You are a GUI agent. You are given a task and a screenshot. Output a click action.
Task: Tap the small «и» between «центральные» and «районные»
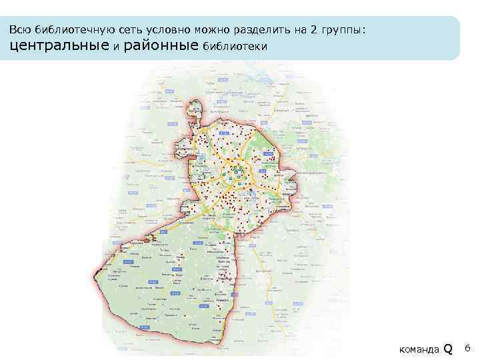[115, 47]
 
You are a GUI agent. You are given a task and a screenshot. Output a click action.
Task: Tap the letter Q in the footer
[448, 348]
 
